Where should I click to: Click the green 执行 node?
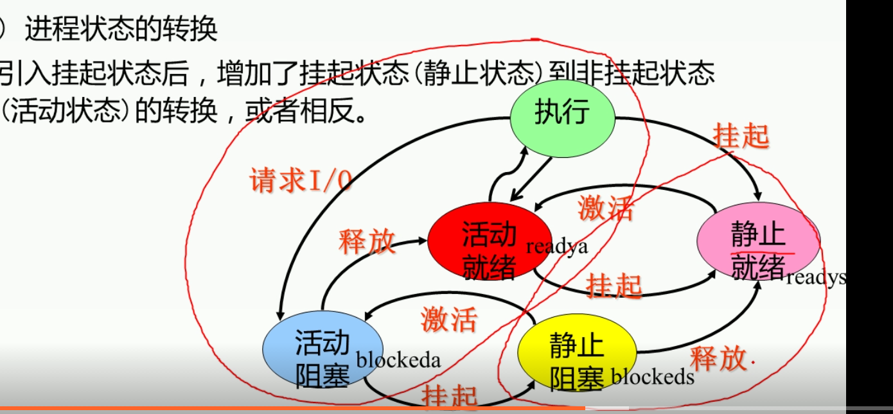click(562, 116)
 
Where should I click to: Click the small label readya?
click(556, 246)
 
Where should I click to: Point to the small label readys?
click(816, 277)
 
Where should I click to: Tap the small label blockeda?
click(398, 359)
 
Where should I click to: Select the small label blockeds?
click(652, 376)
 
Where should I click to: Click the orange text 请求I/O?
click(301, 182)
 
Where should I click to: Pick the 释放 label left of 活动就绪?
click(367, 242)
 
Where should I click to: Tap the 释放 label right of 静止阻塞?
click(718, 358)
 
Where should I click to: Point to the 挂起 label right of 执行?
click(740, 136)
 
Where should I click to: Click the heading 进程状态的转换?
click(121, 30)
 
